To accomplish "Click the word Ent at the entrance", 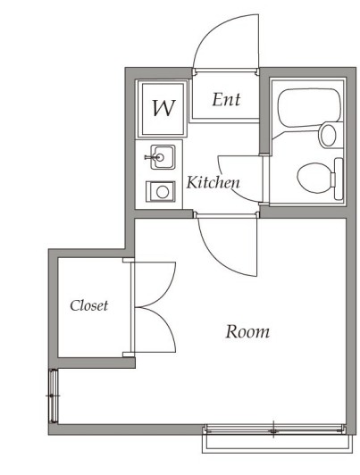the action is [x=226, y=100].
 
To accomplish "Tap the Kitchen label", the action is [x=213, y=182].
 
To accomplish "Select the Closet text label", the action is [x=88, y=305].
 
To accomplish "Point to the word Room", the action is [x=247, y=331].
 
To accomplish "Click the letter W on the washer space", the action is [x=163, y=108].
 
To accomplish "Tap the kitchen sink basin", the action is [x=163, y=157].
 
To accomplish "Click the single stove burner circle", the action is [x=163, y=192].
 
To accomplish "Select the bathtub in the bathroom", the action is [x=309, y=107].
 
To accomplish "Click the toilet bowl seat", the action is [x=314, y=178].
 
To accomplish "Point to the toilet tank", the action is [x=339, y=179].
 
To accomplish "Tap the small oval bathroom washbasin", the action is [x=328, y=135].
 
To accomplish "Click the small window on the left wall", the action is [x=54, y=396].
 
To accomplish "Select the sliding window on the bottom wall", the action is [x=275, y=429].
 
